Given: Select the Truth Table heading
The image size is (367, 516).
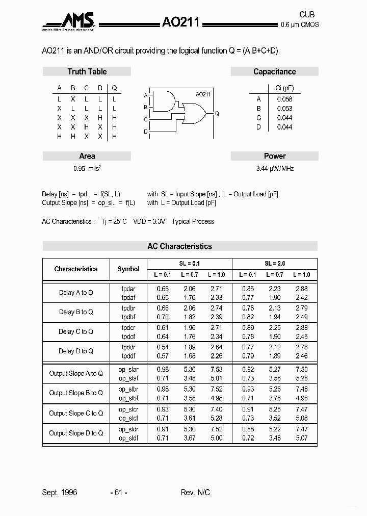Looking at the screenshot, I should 87,72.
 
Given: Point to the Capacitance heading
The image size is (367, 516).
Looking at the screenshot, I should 274,72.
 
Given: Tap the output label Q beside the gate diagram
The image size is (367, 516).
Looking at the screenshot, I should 217,113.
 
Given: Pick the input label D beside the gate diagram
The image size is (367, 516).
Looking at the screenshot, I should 145,132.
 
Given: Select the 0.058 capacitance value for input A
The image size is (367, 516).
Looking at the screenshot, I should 284,99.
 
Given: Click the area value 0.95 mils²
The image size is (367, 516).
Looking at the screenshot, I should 87,168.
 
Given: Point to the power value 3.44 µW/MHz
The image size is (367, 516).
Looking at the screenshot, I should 274,168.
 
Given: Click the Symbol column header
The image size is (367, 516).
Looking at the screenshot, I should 128,269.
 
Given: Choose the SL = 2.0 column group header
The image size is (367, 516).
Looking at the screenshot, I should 275,264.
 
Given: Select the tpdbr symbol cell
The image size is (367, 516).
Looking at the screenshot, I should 128,308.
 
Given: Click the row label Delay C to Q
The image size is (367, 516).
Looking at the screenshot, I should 76,331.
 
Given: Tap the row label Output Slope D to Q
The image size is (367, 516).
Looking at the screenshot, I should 76,433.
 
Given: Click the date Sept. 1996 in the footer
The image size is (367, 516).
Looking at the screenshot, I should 60,492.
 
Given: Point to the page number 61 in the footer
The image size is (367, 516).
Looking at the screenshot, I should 118,492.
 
